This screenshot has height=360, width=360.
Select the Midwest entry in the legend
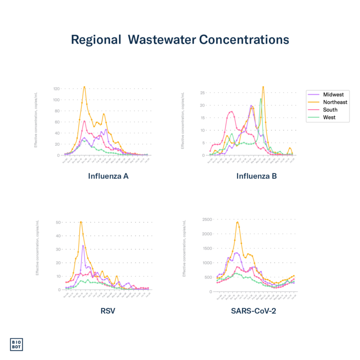[333, 95]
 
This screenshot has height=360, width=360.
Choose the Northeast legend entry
[335, 102]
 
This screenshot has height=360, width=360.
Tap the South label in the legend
[330, 110]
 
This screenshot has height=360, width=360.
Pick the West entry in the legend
[329, 117]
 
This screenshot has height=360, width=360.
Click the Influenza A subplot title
[108, 177]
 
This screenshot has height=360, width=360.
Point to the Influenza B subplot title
[256, 177]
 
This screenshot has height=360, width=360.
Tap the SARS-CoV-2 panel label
[253, 310]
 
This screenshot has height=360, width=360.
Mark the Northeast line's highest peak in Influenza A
[84, 86]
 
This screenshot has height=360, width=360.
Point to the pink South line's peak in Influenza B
[231, 111]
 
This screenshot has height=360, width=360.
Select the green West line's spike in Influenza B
[261, 98]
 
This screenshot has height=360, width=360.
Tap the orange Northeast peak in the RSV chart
[81, 221]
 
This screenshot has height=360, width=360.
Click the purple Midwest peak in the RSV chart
[83, 245]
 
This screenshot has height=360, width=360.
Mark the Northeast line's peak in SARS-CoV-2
[238, 222]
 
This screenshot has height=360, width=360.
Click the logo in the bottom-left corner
[16, 345]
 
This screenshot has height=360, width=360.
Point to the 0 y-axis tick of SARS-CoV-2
[211, 292]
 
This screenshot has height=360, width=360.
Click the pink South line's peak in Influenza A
[84, 121]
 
